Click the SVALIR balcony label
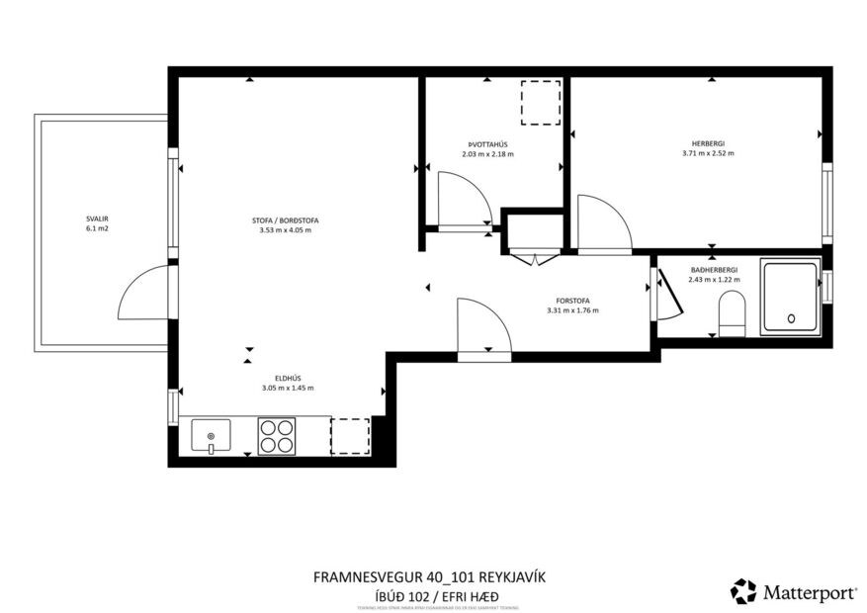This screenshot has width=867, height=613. [96, 219]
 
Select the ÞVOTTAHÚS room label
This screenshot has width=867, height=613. [487, 144]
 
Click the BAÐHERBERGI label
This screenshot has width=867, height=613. [714, 269]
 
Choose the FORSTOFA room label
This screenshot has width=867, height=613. [572, 301]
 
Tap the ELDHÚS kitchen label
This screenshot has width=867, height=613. [288, 378]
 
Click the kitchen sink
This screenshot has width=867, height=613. [211, 435]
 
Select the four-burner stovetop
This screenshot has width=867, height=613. [277, 436]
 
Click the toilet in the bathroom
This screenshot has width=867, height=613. [732, 311]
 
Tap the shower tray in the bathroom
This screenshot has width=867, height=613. [789, 296]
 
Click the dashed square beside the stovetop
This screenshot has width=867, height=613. [349, 436]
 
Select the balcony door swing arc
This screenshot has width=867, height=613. [140, 295]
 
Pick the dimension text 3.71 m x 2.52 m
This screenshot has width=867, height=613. [708, 153]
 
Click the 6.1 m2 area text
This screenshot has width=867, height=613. [96, 228]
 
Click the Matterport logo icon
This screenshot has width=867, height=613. [742, 591]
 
